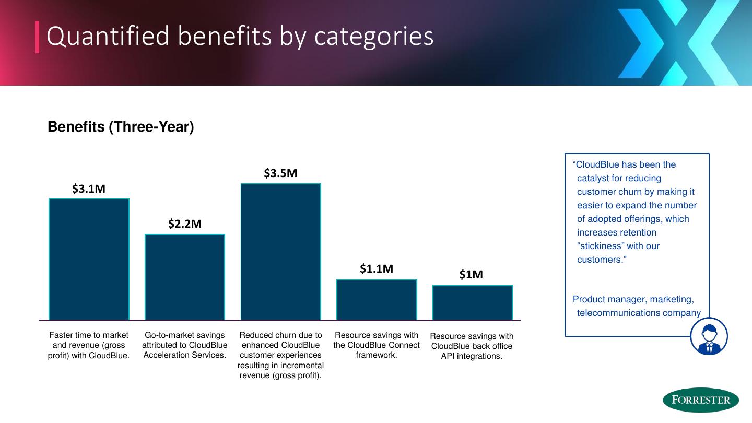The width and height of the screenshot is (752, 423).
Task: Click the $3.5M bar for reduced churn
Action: pyautogui.click(x=280, y=251)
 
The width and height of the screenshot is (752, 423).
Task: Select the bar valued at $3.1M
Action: pyautogui.click(x=89, y=259)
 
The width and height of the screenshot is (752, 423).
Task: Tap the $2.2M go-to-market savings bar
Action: pyautogui.click(x=185, y=277)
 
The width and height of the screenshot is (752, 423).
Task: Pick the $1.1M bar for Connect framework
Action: pyautogui.click(x=377, y=299)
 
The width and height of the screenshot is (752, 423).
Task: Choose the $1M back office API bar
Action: pyautogui.click(x=473, y=302)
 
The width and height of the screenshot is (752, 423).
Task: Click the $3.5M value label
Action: pyautogui.click(x=280, y=173)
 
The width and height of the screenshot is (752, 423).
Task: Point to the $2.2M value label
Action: pyautogui.click(x=185, y=224)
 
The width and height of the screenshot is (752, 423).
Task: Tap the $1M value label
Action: pyautogui.click(x=471, y=275)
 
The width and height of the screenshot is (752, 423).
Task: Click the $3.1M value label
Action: pyautogui.click(x=89, y=189)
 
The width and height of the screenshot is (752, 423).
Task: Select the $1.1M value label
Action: pyautogui.click(x=377, y=269)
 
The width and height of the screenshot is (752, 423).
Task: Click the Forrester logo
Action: pyautogui.click(x=700, y=401)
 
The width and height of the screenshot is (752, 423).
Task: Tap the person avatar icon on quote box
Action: pyautogui.click(x=709, y=336)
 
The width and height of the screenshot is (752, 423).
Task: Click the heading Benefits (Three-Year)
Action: pyautogui.click(x=121, y=127)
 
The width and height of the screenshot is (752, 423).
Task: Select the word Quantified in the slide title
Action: pyautogui.click(x=110, y=37)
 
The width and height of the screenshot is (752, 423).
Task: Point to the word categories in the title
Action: pyautogui.click(x=374, y=37)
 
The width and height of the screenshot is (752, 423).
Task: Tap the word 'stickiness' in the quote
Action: pyautogui.click(x=618, y=246)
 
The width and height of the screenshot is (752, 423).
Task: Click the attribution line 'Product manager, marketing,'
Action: pyautogui.click(x=633, y=299)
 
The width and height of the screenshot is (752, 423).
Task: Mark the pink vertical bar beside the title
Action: pyautogui.click(x=37, y=37)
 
